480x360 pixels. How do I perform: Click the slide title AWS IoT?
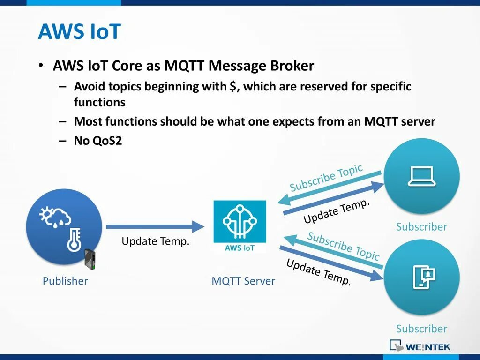[x=79, y=32]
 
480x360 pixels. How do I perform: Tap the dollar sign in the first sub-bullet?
[x=232, y=87]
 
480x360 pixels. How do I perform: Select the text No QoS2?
[x=98, y=141]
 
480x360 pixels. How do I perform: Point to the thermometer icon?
[x=74, y=240]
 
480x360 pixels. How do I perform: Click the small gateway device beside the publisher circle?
[x=90, y=259]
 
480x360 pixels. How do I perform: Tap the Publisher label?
[x=65, y=281]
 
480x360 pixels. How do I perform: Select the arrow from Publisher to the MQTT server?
[x=155, y=227]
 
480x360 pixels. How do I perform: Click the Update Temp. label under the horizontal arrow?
[x=156, y=241]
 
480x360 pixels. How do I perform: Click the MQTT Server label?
[x=243, y=281]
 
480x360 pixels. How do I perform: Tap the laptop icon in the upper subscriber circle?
[x=421, y=176]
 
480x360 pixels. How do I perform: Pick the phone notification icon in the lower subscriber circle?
[x=423, y=276]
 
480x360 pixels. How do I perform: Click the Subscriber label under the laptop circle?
[x=421, y=227]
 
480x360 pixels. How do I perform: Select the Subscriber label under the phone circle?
[x=421, y=329]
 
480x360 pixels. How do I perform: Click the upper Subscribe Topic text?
[x=326, y=178]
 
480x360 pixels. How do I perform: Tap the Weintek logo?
[x=420, y=346]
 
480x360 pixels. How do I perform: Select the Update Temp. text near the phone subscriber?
[x=318, y=272]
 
